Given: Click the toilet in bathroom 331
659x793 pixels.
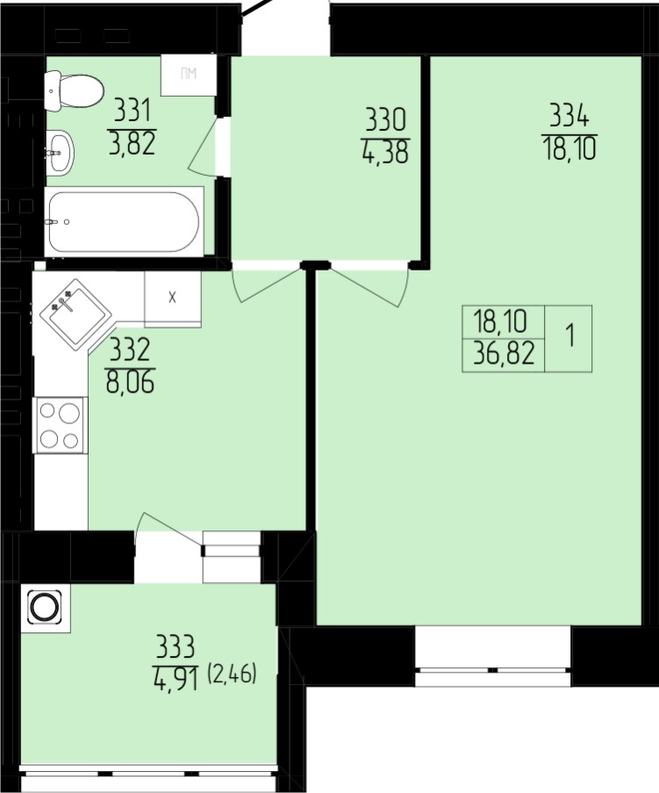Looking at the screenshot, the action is pyautogui.click(x=74, y=90).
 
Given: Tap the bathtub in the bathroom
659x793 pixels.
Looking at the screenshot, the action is pyautogui.click(x=125, y=221).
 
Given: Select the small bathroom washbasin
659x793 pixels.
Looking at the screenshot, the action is pyautogui.click(x=61, y=152).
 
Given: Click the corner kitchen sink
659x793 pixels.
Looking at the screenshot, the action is pyautogui.click(x=76, y=314).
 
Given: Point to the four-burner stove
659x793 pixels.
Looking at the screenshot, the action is pyautogui.click(x=60, y=425).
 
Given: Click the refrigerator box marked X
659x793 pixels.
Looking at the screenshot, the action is pyautogui.click(x=173, y=299).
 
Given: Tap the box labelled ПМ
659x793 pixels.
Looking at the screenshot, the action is pyautogui.click(x=189, y=75).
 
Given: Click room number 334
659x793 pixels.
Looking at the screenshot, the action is pyautogui.click(x=569, y=118).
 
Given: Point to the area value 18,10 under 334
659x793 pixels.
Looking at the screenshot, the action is pyautogui.click(x=569, y=149).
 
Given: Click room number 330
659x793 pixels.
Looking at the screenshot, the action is pyautogui.click(x=386, y=121).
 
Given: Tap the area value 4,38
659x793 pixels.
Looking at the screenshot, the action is pyautogui.click(x=385, y=153).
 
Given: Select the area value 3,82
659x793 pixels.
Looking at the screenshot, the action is pyautogui.click(x=132, y=143).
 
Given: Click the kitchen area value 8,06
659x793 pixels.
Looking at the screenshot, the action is pyautogui.click(x=131, y=382).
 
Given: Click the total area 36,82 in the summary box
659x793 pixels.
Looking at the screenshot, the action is pyautogui.click(x=504, y=355).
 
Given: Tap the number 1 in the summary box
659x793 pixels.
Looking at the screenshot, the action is pyautogui.click(x=571, y=337).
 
